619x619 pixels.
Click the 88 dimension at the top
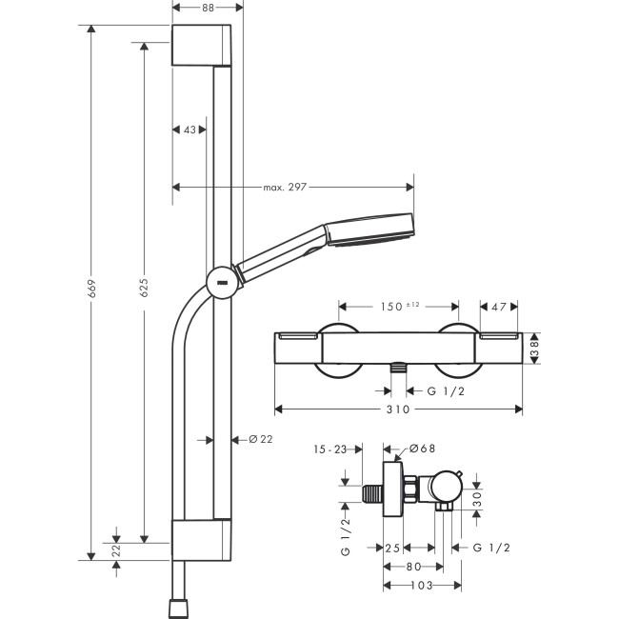(x=208, y=8)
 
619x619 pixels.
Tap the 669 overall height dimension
(x=91, y=289)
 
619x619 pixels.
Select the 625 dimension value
(x=144, y=288)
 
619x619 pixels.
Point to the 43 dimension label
(x=190, y=130)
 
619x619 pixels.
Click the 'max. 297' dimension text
(x=285, y=187)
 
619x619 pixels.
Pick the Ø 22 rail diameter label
(x=261, y=439)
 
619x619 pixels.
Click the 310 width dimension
(x=398, y=409)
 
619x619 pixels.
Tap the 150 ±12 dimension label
(x=400, y=307)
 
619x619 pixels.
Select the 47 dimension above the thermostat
(x=499, y=307)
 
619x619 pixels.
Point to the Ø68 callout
(x=422, y=449)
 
